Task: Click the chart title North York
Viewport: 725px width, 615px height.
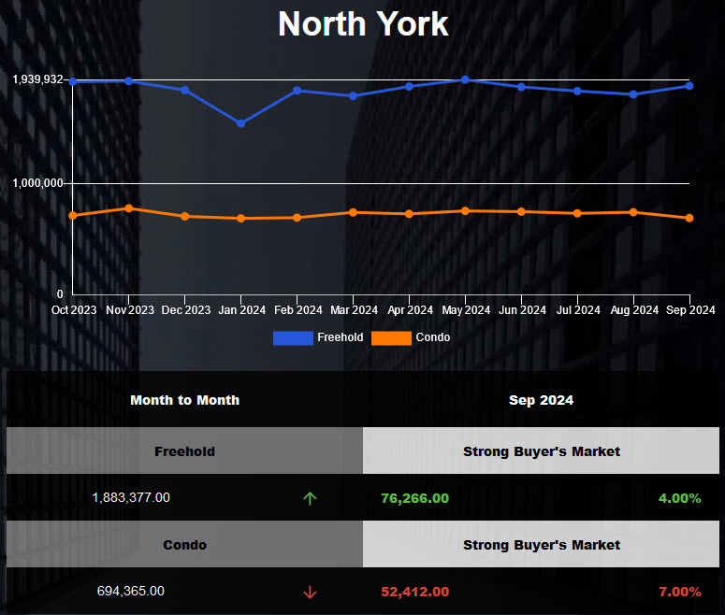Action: point(363,23)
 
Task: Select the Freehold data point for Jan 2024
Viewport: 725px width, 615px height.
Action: point(241,123)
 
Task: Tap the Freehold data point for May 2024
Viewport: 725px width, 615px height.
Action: point(465,79)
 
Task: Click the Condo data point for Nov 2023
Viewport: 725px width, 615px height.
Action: point(129,207)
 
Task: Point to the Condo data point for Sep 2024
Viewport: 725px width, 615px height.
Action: point(689,218)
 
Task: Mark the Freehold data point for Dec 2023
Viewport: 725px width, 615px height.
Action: point(185,90)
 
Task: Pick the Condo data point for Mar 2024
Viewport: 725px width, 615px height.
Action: point(353,212)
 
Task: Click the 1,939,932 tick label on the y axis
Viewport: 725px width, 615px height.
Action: point(38,79)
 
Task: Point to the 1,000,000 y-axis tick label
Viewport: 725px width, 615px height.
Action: point(38,183)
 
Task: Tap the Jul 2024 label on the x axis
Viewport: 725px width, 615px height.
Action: point(577,310)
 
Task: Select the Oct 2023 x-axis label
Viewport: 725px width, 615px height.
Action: point(74,310)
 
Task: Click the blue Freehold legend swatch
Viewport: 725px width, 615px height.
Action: point(293,337)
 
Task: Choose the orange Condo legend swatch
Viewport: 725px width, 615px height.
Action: point(391,337)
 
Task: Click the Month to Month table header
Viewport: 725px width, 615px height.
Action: point(184,400)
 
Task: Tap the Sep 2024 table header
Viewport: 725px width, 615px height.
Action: point(541,400)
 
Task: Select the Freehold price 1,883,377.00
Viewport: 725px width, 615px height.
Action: point(131,498)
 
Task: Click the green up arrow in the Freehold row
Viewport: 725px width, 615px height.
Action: point(310,498)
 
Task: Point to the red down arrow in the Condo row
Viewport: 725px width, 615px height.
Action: point(310,592)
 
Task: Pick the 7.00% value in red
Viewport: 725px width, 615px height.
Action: point(679,592)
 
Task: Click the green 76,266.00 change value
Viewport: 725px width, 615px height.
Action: point(414,498)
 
